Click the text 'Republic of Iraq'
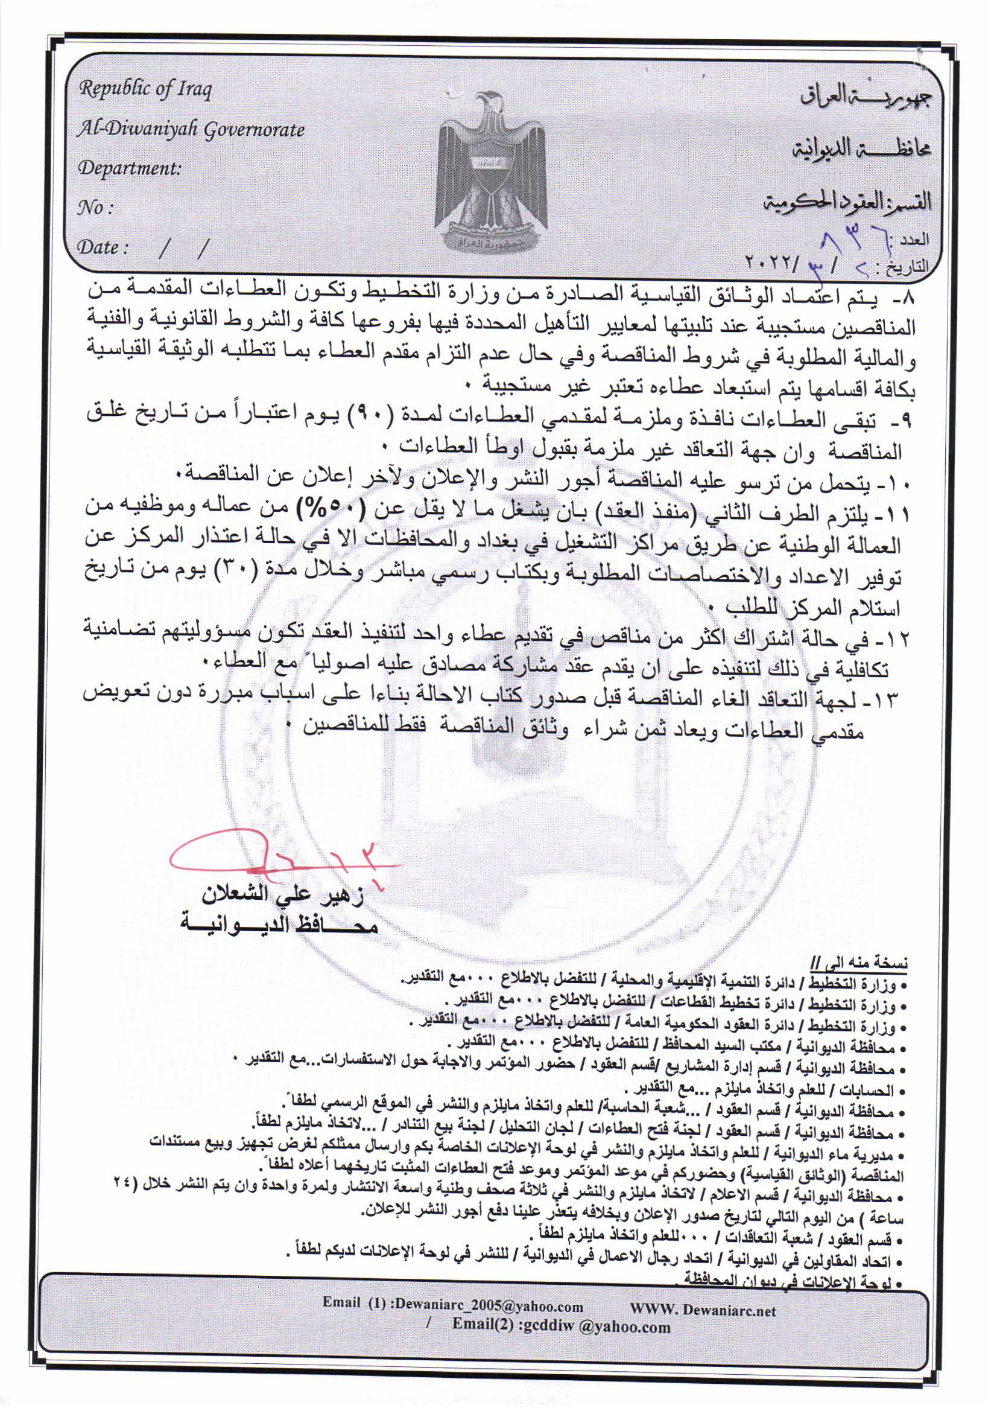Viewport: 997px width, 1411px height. click(x=145, y=90)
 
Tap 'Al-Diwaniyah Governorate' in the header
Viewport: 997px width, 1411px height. click(x=191, y=130)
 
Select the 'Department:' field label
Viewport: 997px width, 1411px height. click(x=130, y=168)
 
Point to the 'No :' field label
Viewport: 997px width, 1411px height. click(x=95, y=208)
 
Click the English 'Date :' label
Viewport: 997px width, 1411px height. click(x=103, y=247)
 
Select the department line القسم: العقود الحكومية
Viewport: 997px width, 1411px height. click(x=848, y=202)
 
